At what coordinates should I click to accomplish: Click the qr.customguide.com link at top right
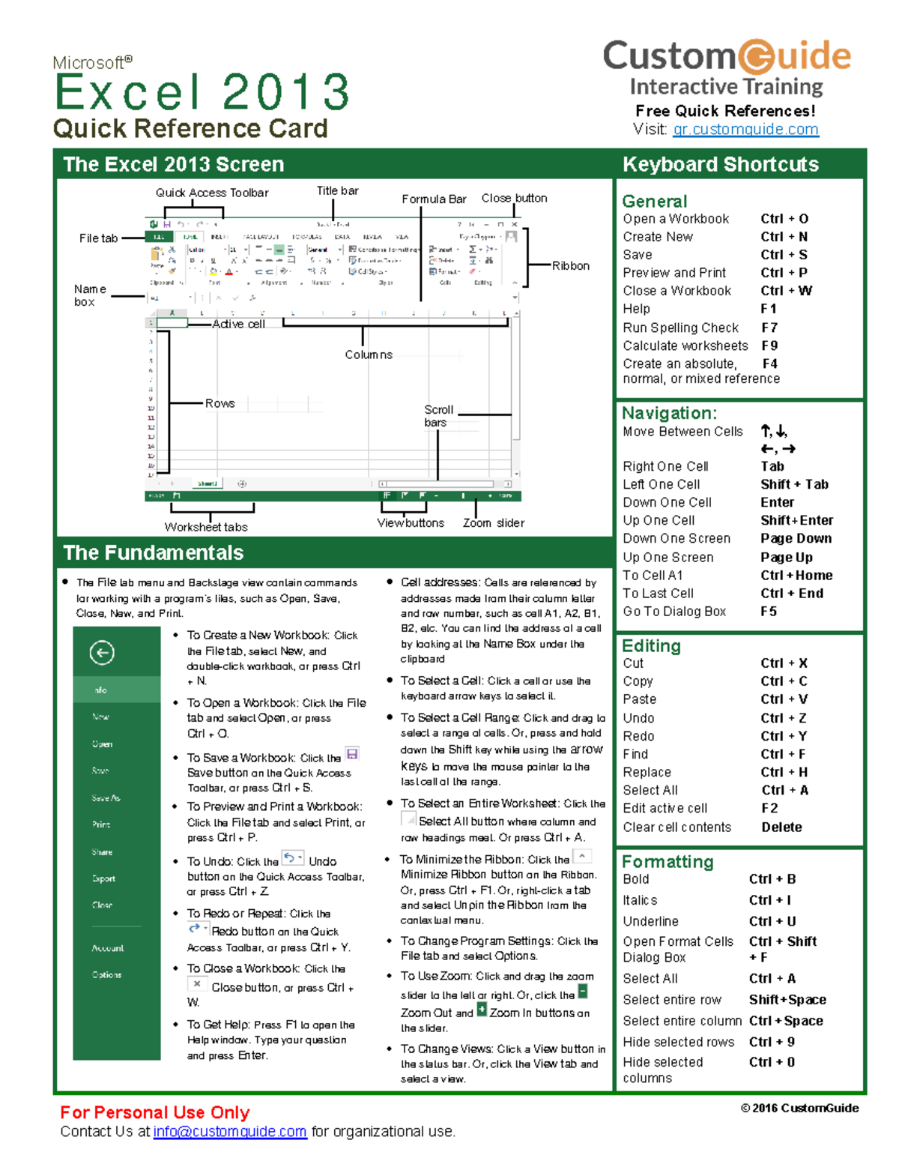coord(745,129)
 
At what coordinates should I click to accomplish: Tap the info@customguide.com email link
coord(230,1131)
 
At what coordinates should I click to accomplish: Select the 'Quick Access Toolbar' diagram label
coord(212,193)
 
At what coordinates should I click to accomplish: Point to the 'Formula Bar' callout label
coord(434,199)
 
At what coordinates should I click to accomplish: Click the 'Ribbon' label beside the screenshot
coord(571,266)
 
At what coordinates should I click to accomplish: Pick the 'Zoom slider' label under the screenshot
coord(493,523)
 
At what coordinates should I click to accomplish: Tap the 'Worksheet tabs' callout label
coord(206,527)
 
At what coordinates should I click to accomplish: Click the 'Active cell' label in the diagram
coord(238,324)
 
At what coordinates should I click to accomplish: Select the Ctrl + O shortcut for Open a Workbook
coord(784,219)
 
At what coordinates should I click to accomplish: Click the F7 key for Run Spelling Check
coord(769,328)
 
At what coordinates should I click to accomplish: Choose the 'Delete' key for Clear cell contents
coord(781,827)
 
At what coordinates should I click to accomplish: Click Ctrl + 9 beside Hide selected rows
coord(772,1042)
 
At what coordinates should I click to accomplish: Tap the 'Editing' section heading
coord(651,646)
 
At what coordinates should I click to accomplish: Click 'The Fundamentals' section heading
coord(154,552)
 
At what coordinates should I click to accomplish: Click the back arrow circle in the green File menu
coord(102,653)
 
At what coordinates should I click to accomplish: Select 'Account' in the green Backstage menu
coord(108,948)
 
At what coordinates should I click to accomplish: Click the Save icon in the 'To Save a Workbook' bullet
coord(352,753)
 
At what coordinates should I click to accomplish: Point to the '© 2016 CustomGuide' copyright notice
coord(799,1108)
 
